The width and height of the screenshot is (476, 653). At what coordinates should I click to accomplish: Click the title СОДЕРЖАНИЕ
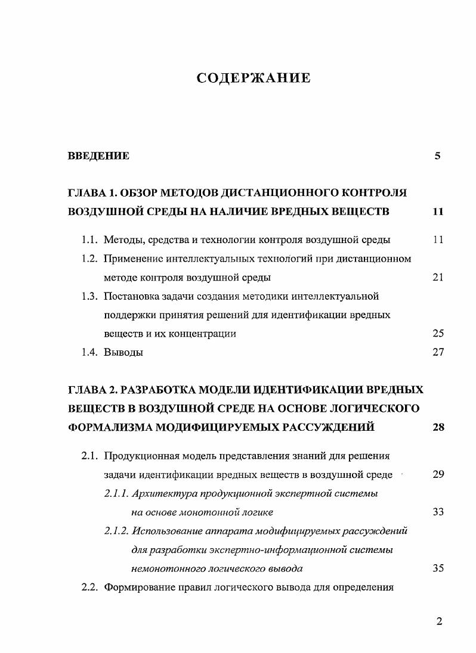point(254,78)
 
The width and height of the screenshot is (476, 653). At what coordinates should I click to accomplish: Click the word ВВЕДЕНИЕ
point(98,157)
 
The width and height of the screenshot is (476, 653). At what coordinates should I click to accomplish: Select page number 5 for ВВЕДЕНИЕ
point(437,157)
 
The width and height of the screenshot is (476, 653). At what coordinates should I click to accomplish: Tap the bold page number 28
point(438,427)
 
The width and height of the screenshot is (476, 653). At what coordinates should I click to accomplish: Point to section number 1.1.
point(89,240)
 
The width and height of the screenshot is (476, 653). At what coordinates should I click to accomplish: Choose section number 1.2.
point(89,259)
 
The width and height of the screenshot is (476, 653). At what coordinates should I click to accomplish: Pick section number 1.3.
point(89,296)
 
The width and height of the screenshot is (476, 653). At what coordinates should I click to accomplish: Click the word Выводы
point(123,352)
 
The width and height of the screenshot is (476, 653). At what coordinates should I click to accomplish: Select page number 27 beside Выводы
point(438,352)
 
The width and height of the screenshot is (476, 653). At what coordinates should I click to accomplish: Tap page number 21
point(438,278)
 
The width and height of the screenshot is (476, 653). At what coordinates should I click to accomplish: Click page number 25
point(438,334)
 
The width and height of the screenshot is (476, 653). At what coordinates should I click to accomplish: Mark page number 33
point(438,512)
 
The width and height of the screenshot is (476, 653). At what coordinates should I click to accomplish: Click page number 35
point(438,568)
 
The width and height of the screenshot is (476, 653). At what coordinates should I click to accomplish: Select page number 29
point(438,475)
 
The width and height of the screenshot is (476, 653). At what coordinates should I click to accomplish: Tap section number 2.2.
point(89,587)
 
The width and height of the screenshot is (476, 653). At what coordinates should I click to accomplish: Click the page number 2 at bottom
point(439,622)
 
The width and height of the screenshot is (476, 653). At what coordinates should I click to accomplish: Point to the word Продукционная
point(139,456)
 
